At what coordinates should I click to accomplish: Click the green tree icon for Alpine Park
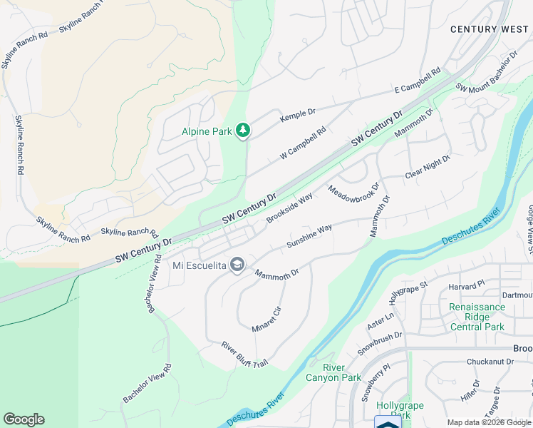point(244,130)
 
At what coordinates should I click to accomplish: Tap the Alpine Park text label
point(207,131)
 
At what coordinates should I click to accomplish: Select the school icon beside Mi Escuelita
point(237,265)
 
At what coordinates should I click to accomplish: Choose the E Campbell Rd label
point(418,82)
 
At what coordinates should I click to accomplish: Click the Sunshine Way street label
point(309,237)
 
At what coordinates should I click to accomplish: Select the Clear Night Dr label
point(428,168)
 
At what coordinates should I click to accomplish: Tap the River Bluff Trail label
point(244,355)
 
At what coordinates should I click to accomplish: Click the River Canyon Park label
point(333,372)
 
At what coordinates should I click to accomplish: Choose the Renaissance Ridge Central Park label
point(477,317)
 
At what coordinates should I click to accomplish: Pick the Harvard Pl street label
point(466,284)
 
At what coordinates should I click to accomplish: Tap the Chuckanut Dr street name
point(490,362)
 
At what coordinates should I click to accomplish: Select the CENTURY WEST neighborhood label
point(489,29)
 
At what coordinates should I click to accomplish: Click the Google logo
point(24,419)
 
